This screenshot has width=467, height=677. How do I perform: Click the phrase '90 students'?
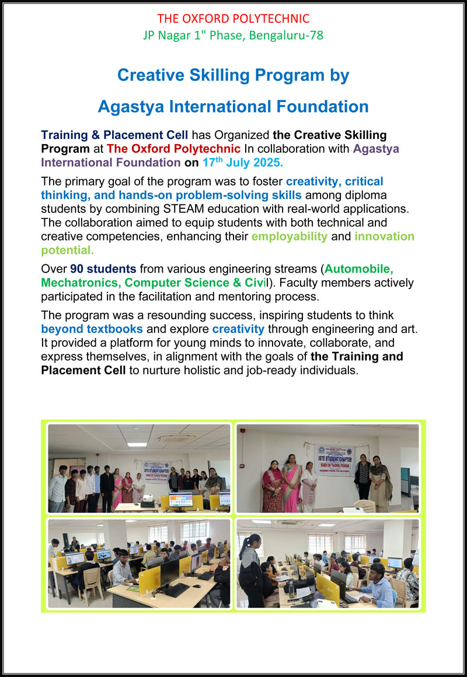tap(103, 269)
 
